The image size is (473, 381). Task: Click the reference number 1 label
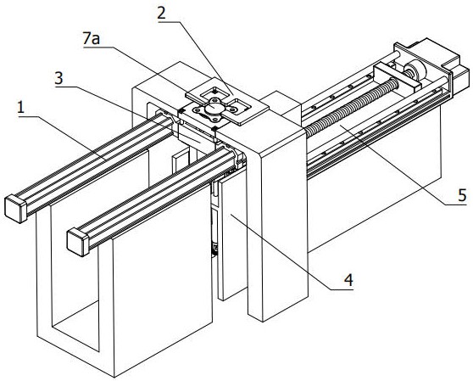(20, 108)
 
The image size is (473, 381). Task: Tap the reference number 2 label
(162, 14)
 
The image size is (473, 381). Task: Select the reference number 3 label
(58, 79)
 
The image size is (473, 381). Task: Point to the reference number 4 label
(348, 280)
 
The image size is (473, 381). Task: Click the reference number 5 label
(462, 195)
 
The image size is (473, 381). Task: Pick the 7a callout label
(92, 39)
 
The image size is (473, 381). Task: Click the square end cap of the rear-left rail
(16, 209)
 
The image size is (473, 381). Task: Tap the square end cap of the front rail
(78, 242)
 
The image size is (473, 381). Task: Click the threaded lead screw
(352, 104)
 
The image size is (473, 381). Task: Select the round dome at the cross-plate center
(214, 106)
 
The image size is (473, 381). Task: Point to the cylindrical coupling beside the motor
(415, 70)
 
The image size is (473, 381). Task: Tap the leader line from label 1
(63, 137)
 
